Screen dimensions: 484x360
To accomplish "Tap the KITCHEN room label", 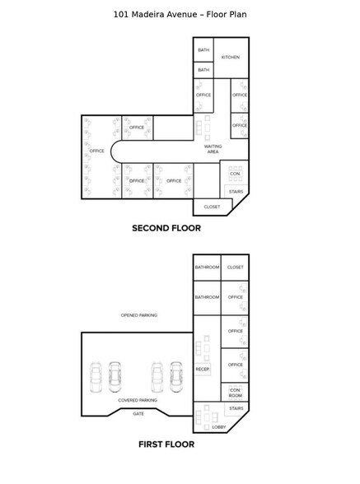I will click(x=231, y=57).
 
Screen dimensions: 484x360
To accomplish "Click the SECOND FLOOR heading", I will click(x=166, y=228).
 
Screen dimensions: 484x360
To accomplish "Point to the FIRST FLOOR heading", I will click(x=166, y=444).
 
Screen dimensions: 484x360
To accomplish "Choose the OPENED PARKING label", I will click(x=138, y=314).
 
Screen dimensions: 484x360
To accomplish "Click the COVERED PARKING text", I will click(x=138, y=400).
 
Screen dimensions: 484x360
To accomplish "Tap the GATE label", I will click(x=138, y=413).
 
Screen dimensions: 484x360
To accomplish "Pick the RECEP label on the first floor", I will click(x=202, y=370).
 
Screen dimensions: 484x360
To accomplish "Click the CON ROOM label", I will click(x=235, y=392).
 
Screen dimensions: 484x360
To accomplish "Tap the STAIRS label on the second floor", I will click(x=236, y=192).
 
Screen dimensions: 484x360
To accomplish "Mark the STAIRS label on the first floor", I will click(x=236, y=409).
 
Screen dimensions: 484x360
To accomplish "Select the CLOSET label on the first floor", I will click(x=236, y=268).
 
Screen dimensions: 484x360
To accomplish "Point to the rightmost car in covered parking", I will click(x=175, y=376).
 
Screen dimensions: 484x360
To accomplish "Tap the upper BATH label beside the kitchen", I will click(x=203, y=51).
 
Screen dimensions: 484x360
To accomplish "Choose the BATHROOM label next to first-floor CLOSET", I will click(x=207, y=268).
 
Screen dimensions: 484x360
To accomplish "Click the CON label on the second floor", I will click(x=235, y=175).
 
